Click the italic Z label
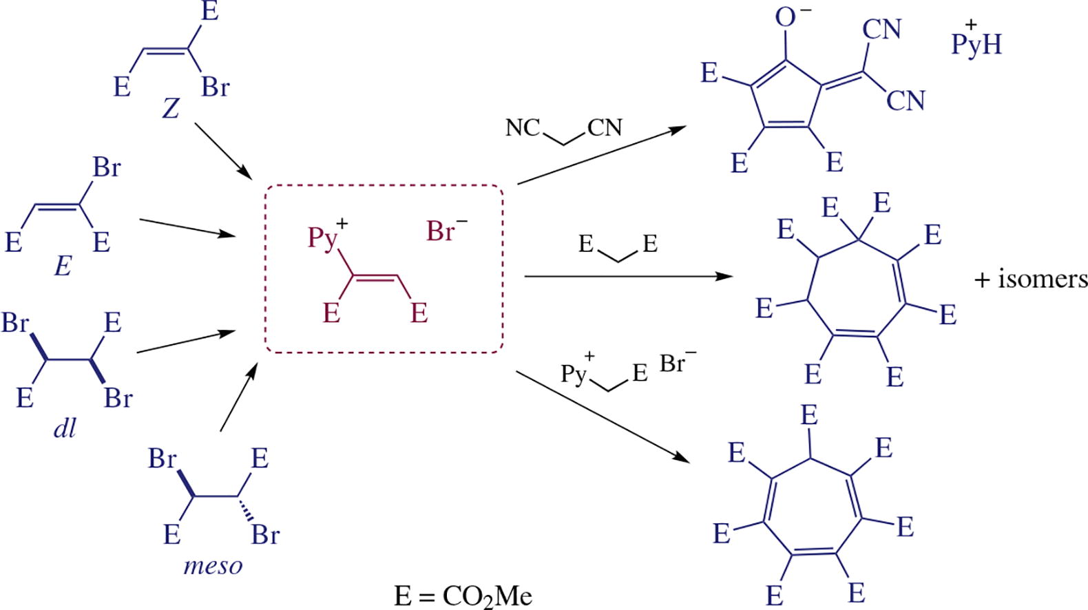tap(171, 108)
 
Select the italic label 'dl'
tap(64, 428)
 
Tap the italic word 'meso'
tap(213, 566)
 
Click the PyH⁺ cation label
tap(976, 43)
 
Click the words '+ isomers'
tap(1031, 279)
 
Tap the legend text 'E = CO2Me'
tap(463, 596)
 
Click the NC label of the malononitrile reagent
tap(523, 127)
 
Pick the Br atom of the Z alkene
tap(215, 87)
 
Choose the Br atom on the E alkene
tap(107, 167)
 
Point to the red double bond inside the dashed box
tap(376, 279)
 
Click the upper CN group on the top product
tap(881, 30)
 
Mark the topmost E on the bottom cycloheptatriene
tap(809, 415)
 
